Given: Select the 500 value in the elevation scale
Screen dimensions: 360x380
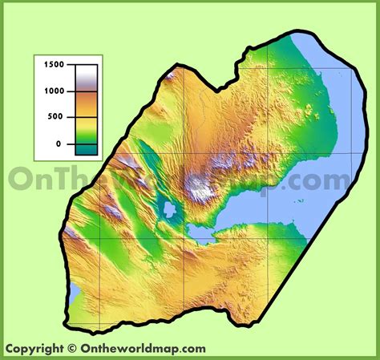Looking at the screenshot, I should click(54, 117).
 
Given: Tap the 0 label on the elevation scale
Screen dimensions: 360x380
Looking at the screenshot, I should click(58, 144).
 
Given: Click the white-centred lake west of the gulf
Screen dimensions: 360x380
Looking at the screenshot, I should click(169, 211).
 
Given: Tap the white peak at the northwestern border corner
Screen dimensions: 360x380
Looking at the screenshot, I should click(172, 75).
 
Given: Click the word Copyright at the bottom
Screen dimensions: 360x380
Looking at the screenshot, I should click(34, 349).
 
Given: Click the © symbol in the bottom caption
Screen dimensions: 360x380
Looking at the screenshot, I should click(72, 349).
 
